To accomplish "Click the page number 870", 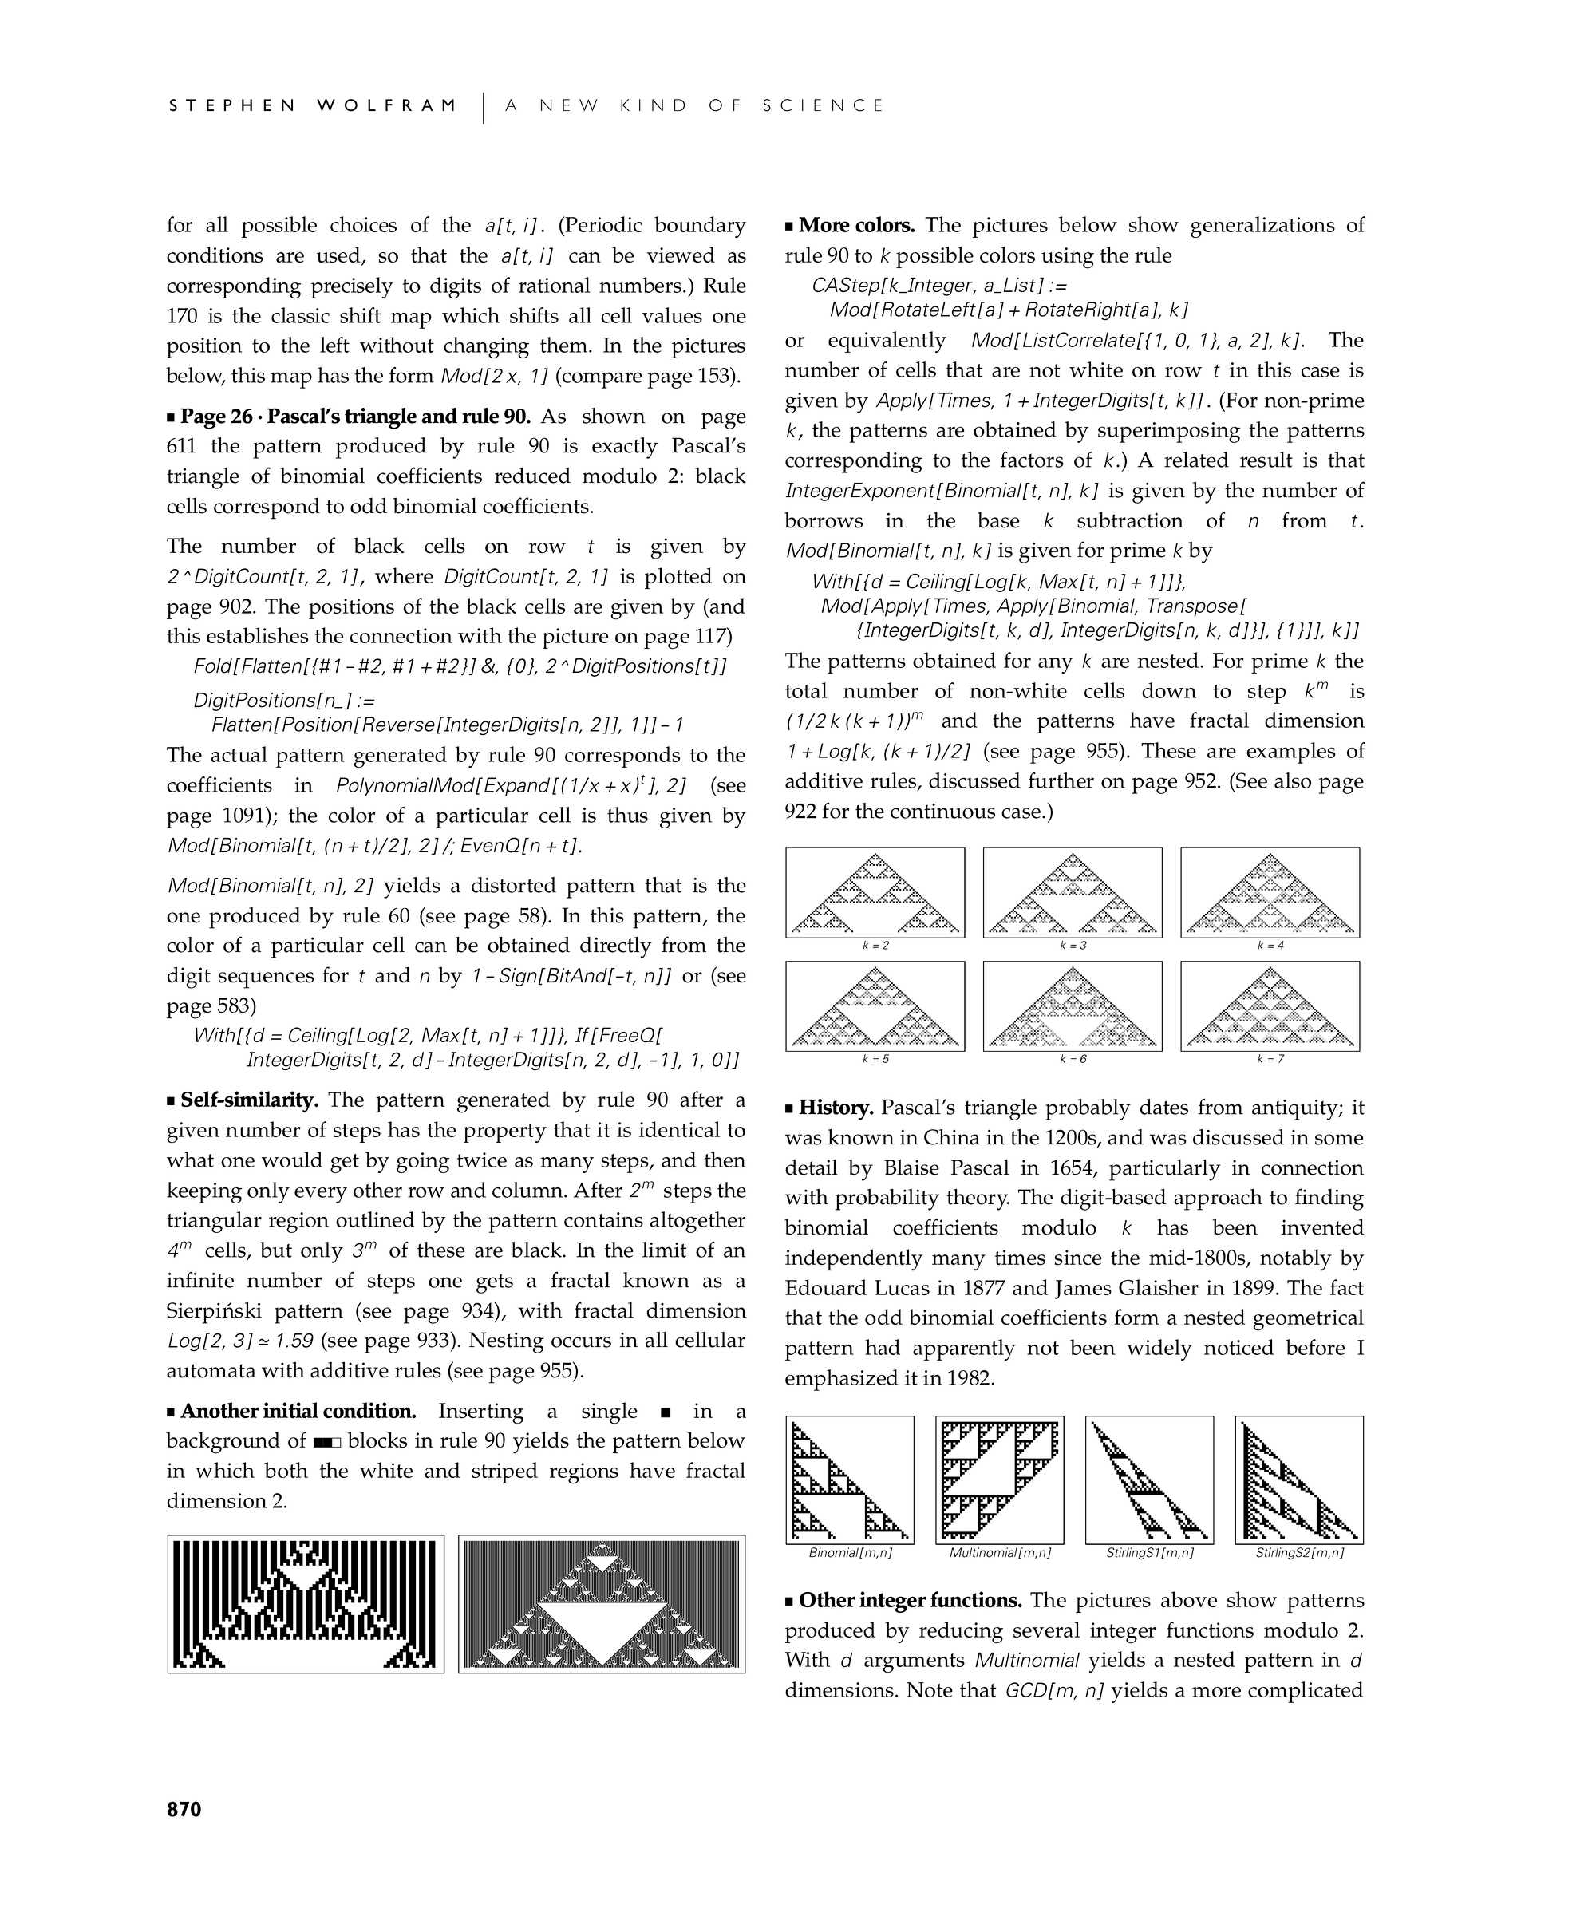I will pyautogui.click(x=184, y=1808).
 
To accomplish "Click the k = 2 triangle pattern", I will pyautogui.click(x=875, y=892).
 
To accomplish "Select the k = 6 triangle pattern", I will pyautogui.click(x=1072, y=1006).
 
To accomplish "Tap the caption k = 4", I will pyautogui.click(x=1269, y=946).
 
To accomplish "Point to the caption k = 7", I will pyautogui.click(x=1269, y=1059).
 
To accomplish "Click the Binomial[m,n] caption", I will pyautogui.click(x=849, y=1553).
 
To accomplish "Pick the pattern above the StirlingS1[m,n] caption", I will pyautogui.click(x=1149, y=1480).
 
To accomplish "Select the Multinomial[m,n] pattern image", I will pyautogui.click(x=1000, y=1480).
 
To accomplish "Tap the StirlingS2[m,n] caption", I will pyautogui.click(x=1299, y=1553).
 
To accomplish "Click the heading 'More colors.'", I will pyautogui.click(x=855, y=225).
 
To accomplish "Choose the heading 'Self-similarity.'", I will pyautogui.click(x=248, y=1100).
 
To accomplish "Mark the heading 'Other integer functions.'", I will pyautogui.click(x=910, y=1601).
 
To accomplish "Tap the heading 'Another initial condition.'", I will pyautogui.click(x=298, y=1411).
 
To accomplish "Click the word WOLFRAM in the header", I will pyautogui.click(x=387, y=105).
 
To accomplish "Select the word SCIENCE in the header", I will pyautogui.click(x=823, y=105).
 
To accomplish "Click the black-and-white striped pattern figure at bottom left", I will pyautogui.click(x=306, y=1604).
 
